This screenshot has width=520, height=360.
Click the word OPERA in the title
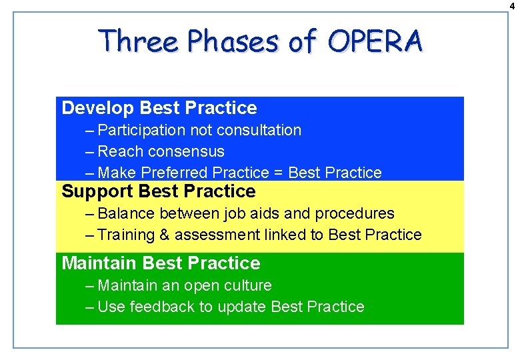pos(375,41)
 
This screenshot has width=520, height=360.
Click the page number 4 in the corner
pos(513,5)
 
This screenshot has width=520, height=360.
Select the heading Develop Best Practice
pos(159,108)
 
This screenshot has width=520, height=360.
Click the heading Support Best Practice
pos(158,192)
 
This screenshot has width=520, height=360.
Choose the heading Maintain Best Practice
pos(161,263)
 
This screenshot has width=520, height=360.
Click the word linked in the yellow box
pos(275,235)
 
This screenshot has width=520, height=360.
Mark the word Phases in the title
pos(233,41)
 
